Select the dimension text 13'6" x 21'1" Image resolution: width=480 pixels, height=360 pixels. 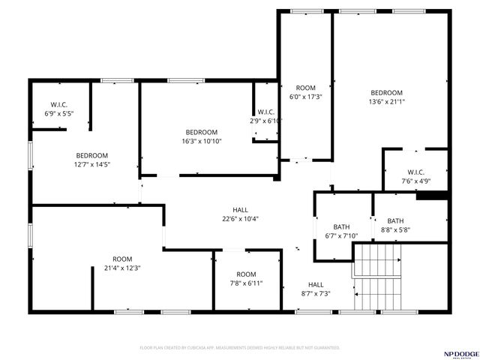(387, 102)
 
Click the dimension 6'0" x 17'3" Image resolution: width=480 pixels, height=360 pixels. (305, 97)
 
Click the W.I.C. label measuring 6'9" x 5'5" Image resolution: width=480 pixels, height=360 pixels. (60, 109)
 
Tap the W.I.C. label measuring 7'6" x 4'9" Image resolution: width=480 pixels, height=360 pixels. (416, 175)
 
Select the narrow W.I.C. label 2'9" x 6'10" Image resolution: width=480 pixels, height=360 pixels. (266, 116)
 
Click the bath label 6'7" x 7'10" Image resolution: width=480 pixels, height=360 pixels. (341, 232)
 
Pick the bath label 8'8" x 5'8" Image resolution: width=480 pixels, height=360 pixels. (395, 226)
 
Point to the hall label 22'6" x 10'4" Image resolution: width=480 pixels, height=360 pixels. (240, 214)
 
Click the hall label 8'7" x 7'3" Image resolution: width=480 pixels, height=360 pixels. (316, 289)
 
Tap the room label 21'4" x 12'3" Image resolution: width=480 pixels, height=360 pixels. (122, 263)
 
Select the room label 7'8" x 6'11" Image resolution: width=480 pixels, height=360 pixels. (246, 279)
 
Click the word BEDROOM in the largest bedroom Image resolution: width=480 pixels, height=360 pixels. (387, 93)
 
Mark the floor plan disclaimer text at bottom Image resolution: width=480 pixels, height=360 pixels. (240, 348)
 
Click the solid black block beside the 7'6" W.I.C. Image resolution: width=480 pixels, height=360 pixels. (432, 196)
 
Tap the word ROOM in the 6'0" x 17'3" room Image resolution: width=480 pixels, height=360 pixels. (305, 88)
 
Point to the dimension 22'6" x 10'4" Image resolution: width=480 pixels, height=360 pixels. (240, 219)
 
